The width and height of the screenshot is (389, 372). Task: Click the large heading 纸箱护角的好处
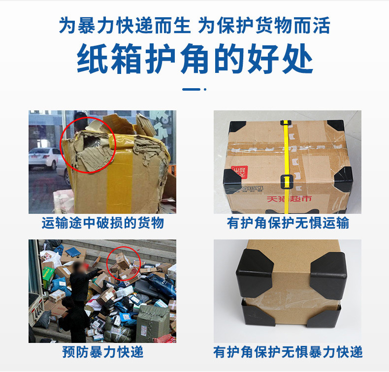(x=194, y=59)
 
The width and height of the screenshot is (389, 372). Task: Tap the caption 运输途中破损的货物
(x=102, y=223)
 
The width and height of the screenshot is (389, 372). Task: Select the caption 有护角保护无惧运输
(x=288, y=223)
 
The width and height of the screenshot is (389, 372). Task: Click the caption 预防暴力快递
(x=103, y=352)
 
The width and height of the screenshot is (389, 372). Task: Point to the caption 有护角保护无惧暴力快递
(x=288, y=352)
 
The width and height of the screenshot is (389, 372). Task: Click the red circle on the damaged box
(x=61, y=145)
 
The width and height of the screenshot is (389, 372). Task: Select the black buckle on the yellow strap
(x=287, y=182)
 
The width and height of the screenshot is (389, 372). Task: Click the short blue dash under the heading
(x=191, y=89)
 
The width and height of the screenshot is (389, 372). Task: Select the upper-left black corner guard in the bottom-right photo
(x=255, y=272)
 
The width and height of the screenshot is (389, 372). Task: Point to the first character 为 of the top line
(x=67, y=25)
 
